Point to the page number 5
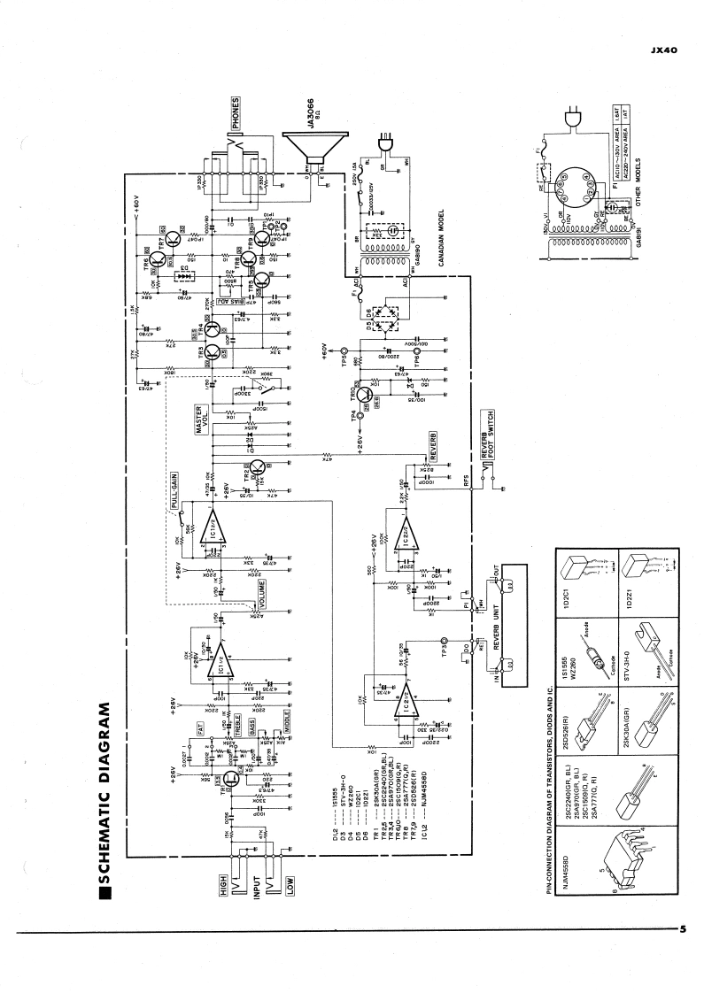tap(683, 929)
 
